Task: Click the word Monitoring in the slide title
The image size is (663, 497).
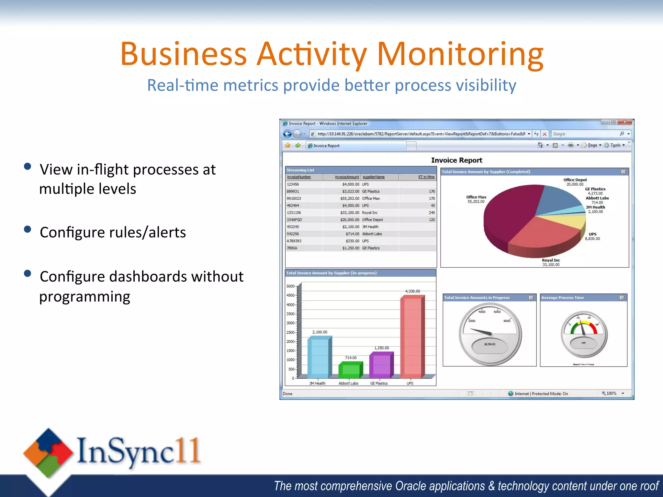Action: pyautogui.click(x=460, y=54)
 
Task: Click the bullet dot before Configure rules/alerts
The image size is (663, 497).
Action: pyautogui.click(x=28, y=229)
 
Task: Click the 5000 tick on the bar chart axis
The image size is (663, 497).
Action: pyautogui.click(x=290, y=286)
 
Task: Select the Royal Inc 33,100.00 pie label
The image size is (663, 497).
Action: pyautogui.click(x=551, y=262)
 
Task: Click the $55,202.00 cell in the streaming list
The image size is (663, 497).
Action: pyautogui.click(x=350, y=198)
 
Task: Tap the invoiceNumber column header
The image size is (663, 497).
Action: pyautogui.click(x=299, y=177)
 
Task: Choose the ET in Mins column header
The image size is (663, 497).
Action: pyautogui.click(x=426, y=177)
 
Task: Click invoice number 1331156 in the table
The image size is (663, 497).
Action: pyautogui.click(x=294, y=213)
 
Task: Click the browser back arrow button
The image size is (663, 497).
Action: pyautogui.click(x=287, y=134)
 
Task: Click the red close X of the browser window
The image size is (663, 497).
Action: pyautogui.click(x=624, y=122)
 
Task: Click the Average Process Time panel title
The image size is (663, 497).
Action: pyautogui.click(x=562, y=298)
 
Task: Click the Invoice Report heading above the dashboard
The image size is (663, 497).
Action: pyautogui.click(x=456, y=160)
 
